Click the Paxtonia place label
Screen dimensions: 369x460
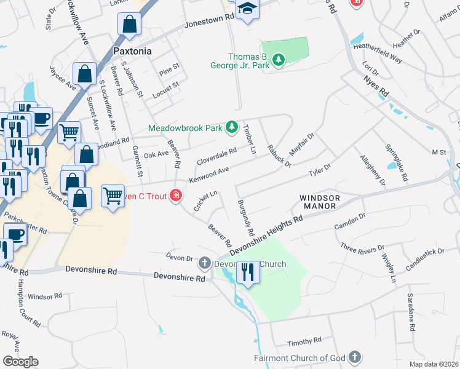click(132, 51)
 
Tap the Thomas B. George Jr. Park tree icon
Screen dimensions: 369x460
click(280, 59)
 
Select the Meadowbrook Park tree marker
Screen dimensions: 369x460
click(232, 127)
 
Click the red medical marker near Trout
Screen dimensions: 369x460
click(176, 196)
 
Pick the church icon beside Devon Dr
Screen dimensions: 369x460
click(205, 264)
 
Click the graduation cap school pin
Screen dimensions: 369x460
click(248, 9)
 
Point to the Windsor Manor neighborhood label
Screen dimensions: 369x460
click(319, 202)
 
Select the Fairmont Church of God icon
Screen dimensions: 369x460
click(355, 357)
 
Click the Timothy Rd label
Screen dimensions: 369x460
click(304, 340)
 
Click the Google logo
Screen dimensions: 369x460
click(20, 361)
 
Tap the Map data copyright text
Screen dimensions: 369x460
click(434, 364)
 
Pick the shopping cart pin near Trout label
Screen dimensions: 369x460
click(113, 196)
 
